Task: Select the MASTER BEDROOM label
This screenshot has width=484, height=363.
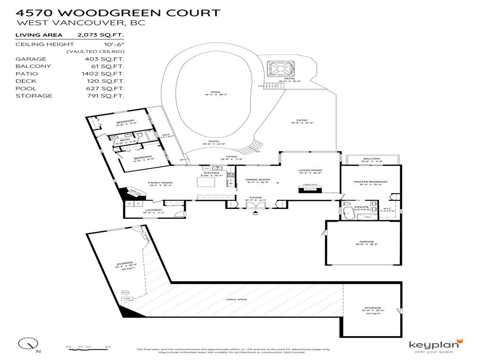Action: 371,182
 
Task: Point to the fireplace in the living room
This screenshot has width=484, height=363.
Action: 310,190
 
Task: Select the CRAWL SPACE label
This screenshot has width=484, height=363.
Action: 236,300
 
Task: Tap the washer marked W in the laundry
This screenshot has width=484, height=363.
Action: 129,204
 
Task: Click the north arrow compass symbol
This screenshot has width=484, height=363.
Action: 28,344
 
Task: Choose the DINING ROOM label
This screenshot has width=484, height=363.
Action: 258,180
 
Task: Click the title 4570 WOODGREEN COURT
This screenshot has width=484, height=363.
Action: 118,12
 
